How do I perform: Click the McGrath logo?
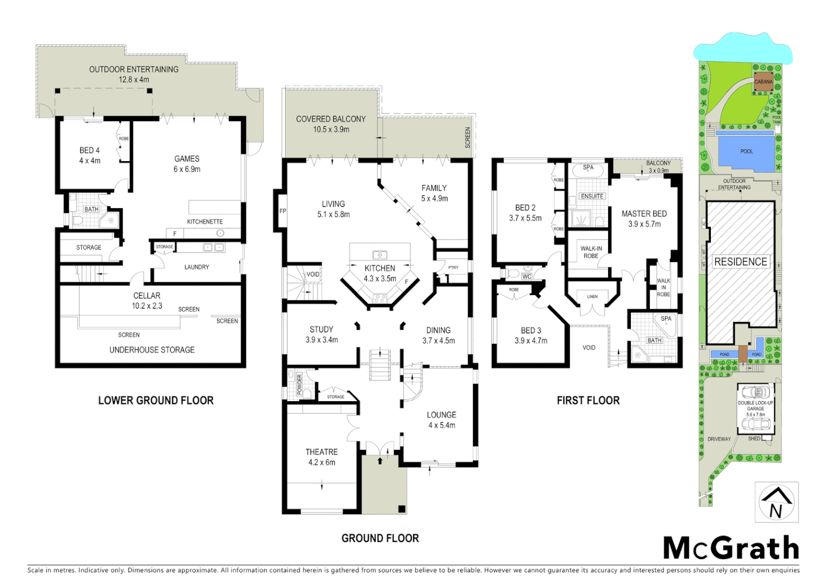(731, 548)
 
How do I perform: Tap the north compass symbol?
(776, 502)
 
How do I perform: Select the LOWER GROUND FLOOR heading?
(156, 401)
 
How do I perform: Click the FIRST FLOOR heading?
(588, 401)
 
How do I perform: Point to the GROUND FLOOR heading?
(380, 538)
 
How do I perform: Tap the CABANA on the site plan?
(763, 82)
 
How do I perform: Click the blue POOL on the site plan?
(747, 152)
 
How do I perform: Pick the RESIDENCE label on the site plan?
(741, 262)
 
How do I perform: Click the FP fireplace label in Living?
(282, 211)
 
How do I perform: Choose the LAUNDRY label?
(197, 267)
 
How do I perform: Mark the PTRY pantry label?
(453, 268)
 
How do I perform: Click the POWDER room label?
(299, 383)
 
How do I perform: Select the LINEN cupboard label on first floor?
(592, 296)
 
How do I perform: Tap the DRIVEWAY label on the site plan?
(719, 439)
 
